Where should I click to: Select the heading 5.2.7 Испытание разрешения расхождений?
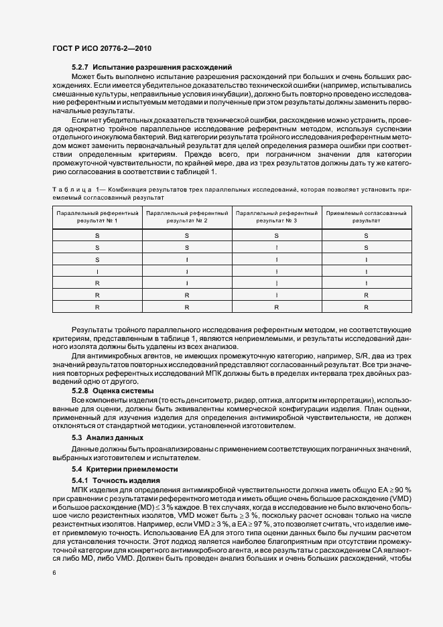point(151,67)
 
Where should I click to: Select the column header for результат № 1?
point(97,216)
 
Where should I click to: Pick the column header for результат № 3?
point(276,216)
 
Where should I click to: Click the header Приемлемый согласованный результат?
point(366,216)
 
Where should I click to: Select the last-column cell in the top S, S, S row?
point(366,235)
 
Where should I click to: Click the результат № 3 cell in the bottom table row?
point(276,307)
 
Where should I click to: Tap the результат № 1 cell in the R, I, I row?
point(97,283)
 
